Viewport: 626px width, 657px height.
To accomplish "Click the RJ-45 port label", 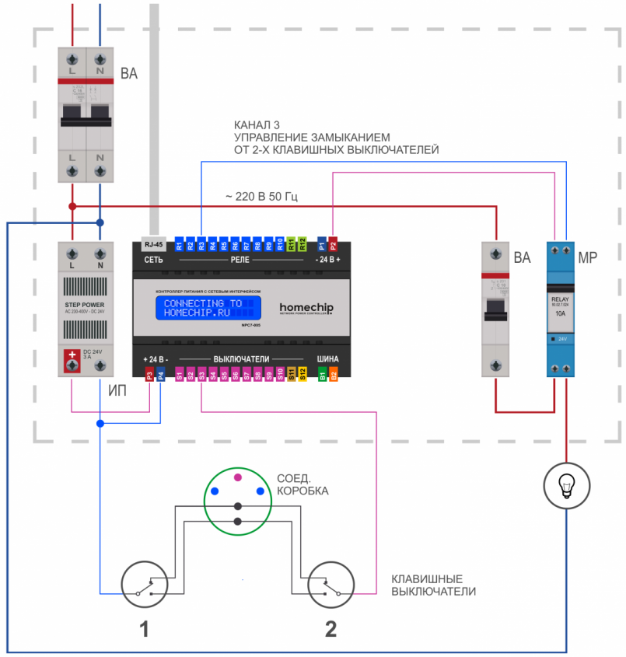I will (153, 243).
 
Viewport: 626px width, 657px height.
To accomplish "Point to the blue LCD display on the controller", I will (208, 307).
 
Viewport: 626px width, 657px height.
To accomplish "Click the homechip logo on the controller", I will (306, 308).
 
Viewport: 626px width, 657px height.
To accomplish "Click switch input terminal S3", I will (201, 375).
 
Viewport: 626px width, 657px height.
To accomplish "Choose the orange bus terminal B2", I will (333, 375).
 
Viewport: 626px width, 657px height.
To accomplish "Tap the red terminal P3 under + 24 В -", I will (149, 375).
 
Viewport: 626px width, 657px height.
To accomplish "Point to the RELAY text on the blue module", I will (561, 299).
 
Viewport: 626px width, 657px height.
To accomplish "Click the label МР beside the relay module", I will (587, 258).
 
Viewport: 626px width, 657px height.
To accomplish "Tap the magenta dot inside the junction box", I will (238, 476).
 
